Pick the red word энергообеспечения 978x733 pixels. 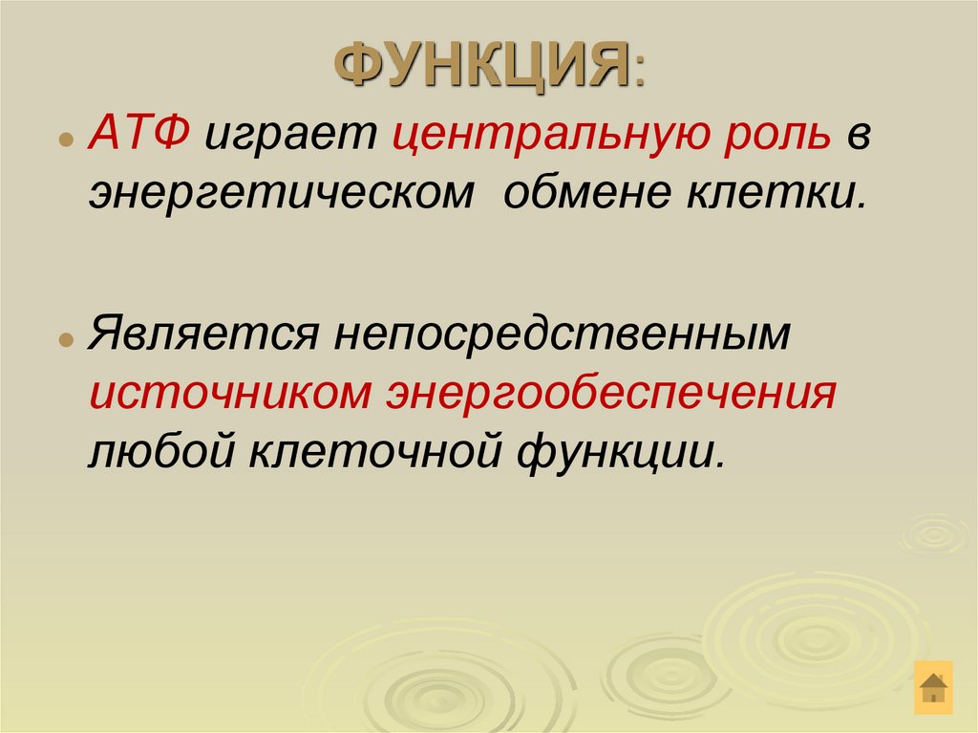611,394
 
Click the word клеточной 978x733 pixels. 377,448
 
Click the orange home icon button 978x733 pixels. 933,686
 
